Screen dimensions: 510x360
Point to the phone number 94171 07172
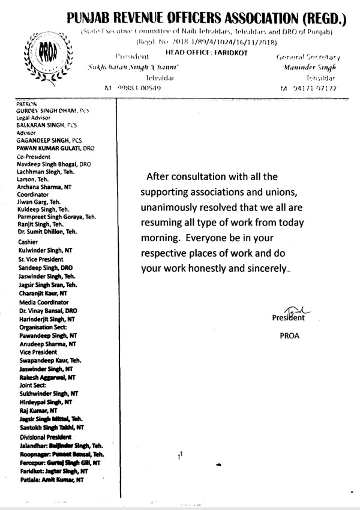click(313, 88)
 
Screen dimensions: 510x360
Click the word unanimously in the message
click(173, 207)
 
